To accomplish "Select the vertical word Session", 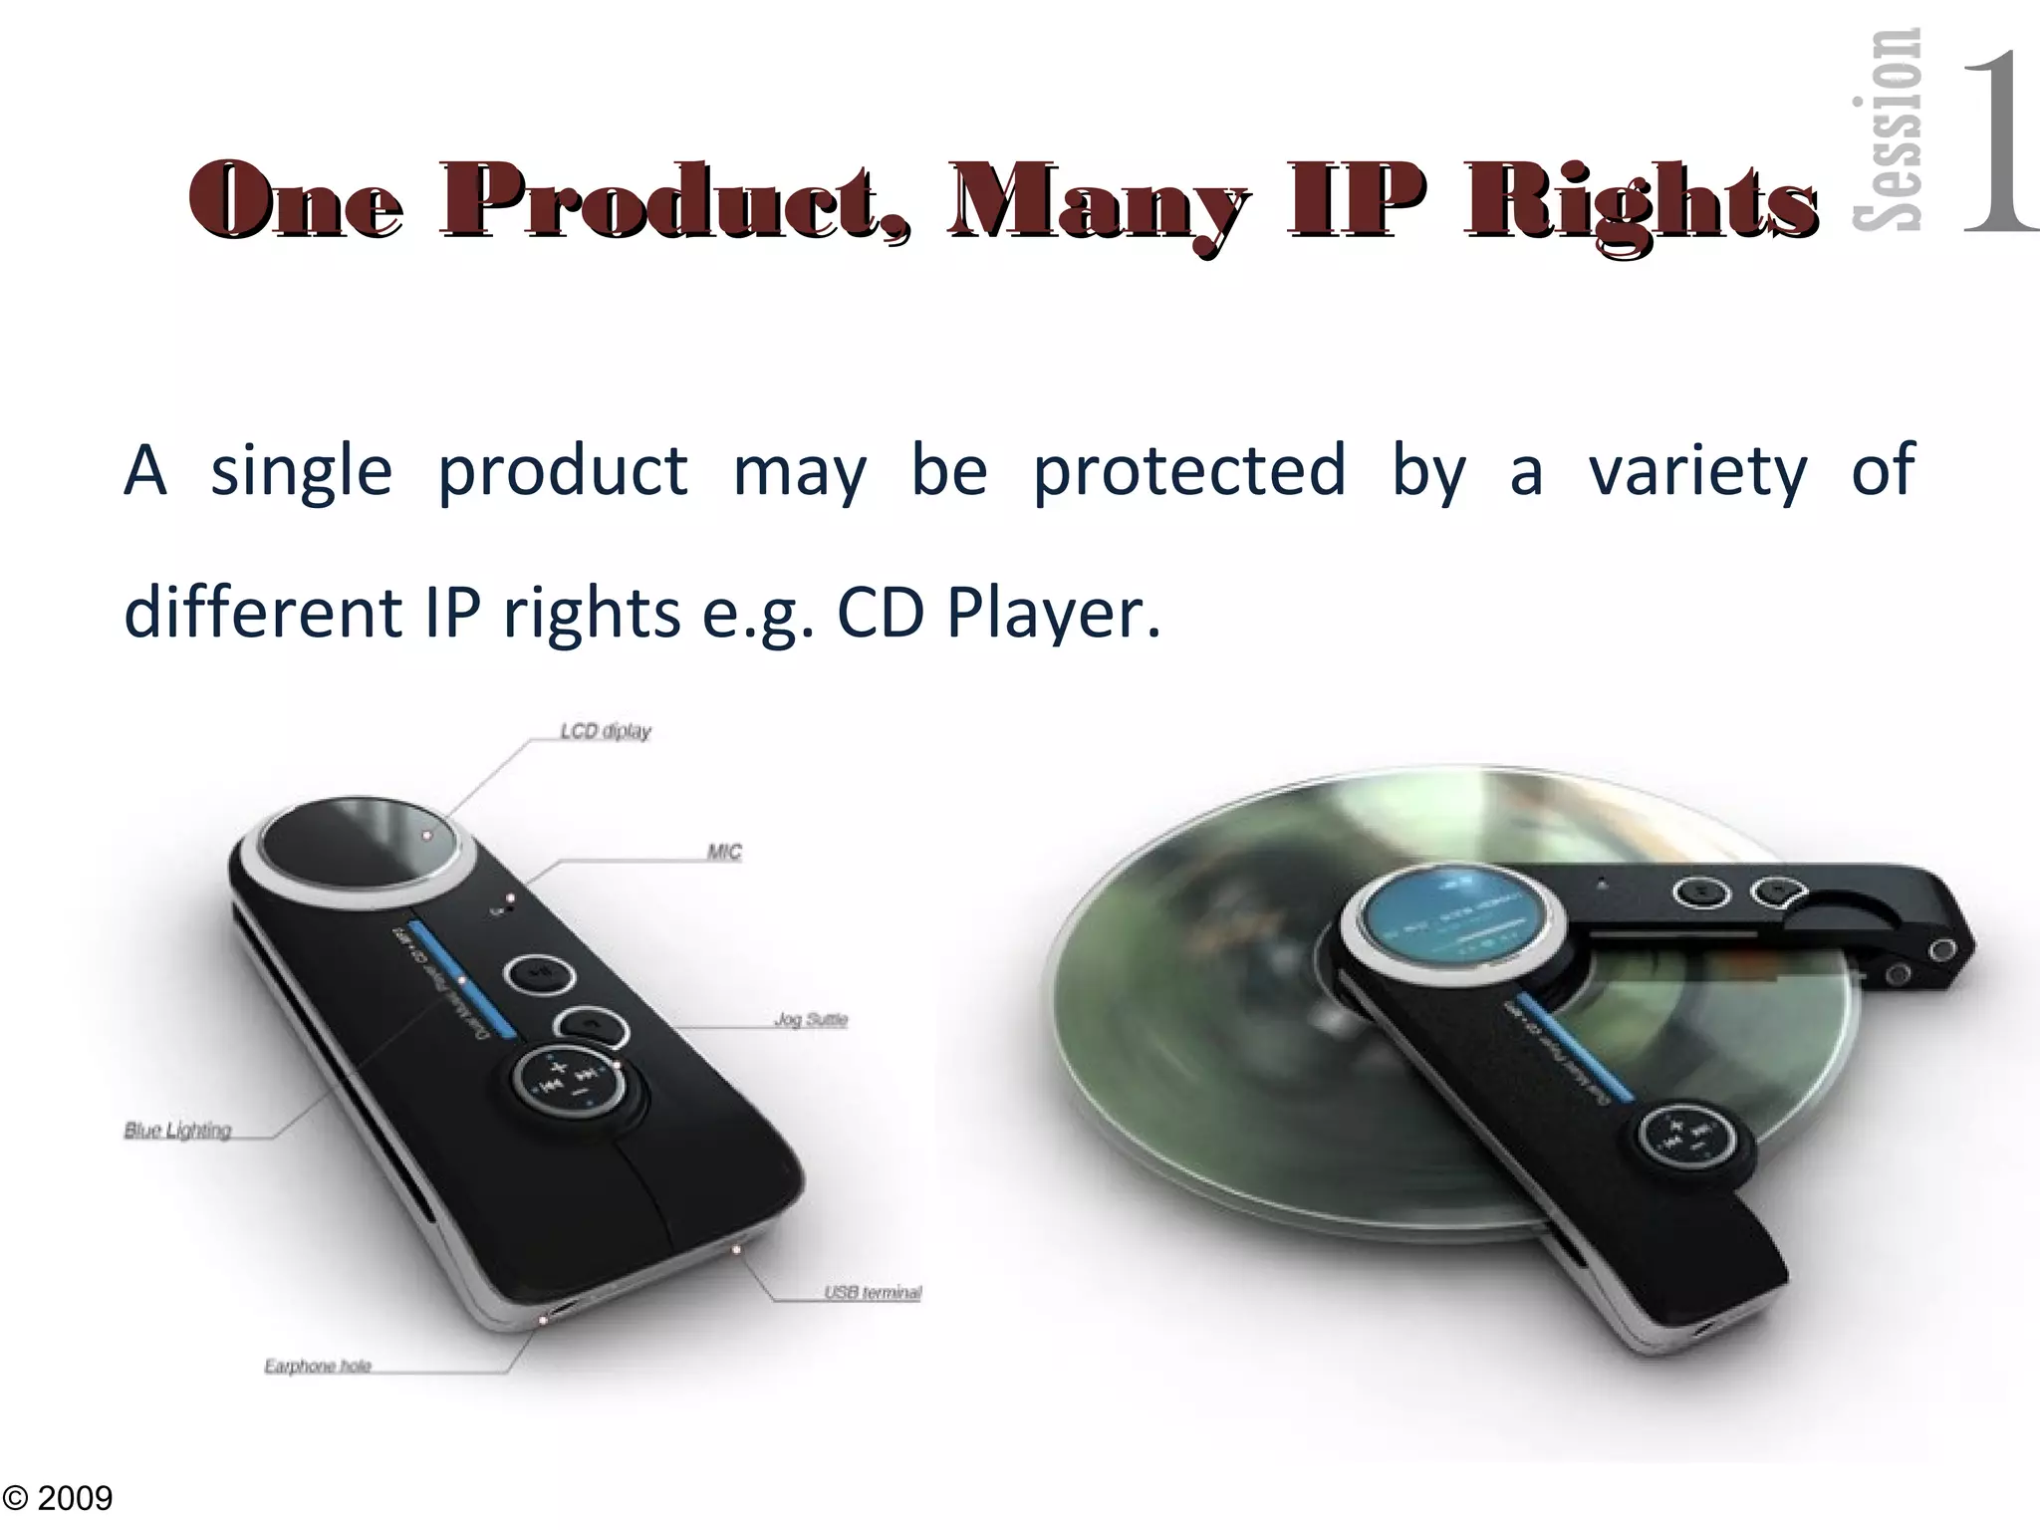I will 1886,129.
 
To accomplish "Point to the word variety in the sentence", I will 1696,470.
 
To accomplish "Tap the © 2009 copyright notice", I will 58,1497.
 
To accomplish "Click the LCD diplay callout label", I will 605,731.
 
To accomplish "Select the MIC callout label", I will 724,852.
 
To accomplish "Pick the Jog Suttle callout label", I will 810,1019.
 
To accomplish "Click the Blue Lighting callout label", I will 177,1130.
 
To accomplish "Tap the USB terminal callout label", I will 873,1292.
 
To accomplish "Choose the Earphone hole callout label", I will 318,1366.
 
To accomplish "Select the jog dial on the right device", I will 1693,1140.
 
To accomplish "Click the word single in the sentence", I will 301,470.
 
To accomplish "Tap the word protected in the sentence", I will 1188,470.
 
